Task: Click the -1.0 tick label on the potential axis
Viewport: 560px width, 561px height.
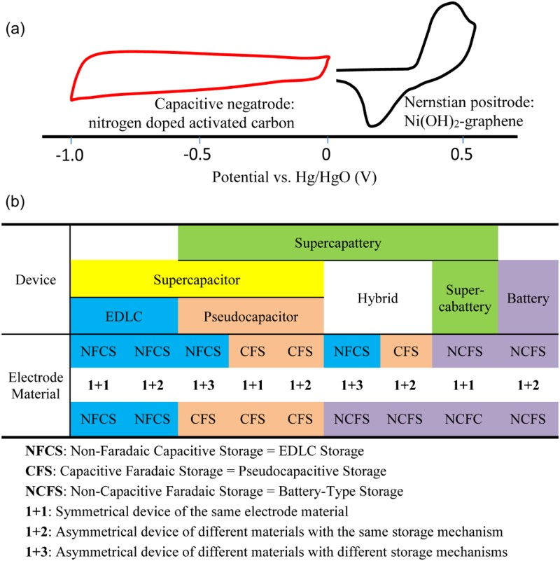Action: pyautogui.click(x=70, y=155)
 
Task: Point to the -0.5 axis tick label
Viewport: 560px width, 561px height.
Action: pyautogui.click(x=197, y=155)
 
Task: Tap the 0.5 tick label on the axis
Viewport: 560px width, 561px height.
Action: pyautogui.click(x=461, y=155)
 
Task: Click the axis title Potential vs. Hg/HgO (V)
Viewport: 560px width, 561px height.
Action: pyautogui.click(x=294, y=177)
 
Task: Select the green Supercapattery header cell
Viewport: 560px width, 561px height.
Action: pyautogui.click(x=337, y=243)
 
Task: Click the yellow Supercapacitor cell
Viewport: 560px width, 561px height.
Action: pyautogui.click(x=197, y=279)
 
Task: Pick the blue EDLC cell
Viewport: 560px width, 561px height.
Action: pyautogui.click(x=124, y=317)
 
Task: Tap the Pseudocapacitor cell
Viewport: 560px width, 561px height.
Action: pyautogui.click(x=251, y=317)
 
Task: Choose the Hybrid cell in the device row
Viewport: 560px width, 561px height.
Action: pyautogui.click(x=377, y=298)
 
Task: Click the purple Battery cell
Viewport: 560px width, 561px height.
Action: pyautogui.click(x=528, y=298)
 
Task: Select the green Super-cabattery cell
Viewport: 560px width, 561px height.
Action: pyautogui.click(x=465, y=298)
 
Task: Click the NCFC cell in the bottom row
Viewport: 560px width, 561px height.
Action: pyautogui.click(x=463, y=419)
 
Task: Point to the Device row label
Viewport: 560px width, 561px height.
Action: pyautogui.click(x=36, y=279)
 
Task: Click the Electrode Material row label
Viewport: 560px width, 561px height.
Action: pyautogui.click(x=36, y=386)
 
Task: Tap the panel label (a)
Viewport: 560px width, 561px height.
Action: pyautogui.click(x=15, y=29)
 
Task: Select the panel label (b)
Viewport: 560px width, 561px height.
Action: pyautogui.click(x=15, y=202)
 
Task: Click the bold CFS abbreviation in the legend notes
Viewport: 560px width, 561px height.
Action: pyautogui.click(x=39, y=471)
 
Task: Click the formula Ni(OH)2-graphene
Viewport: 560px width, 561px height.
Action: pyautogui.click(x=463, y=121)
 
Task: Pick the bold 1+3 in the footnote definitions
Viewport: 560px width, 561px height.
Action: pyautogui.click(x=36, y=552)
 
